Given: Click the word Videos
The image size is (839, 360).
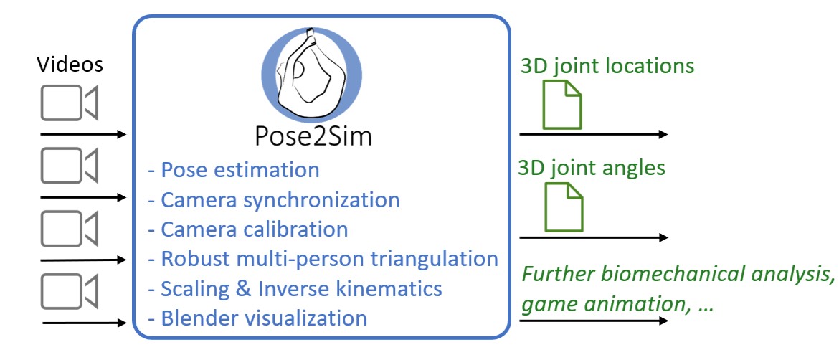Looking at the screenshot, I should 70,65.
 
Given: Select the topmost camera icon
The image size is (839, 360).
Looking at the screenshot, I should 69,103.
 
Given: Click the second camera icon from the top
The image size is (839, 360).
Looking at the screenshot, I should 69,166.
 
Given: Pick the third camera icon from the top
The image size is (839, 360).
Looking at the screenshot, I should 69,229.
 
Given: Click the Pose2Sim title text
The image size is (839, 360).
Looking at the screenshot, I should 314,135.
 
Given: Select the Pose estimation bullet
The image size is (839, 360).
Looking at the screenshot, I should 233,170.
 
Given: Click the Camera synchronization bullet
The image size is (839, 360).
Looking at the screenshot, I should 273,199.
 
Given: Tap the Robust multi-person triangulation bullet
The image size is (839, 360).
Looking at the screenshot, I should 323,258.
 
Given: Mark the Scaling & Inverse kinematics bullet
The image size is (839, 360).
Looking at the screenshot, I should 294,288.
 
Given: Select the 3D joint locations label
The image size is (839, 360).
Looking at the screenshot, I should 607,66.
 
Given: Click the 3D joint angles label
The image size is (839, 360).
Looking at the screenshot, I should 593,168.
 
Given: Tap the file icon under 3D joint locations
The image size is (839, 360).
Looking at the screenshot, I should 562,104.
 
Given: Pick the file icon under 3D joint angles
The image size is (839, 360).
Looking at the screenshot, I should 564,207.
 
